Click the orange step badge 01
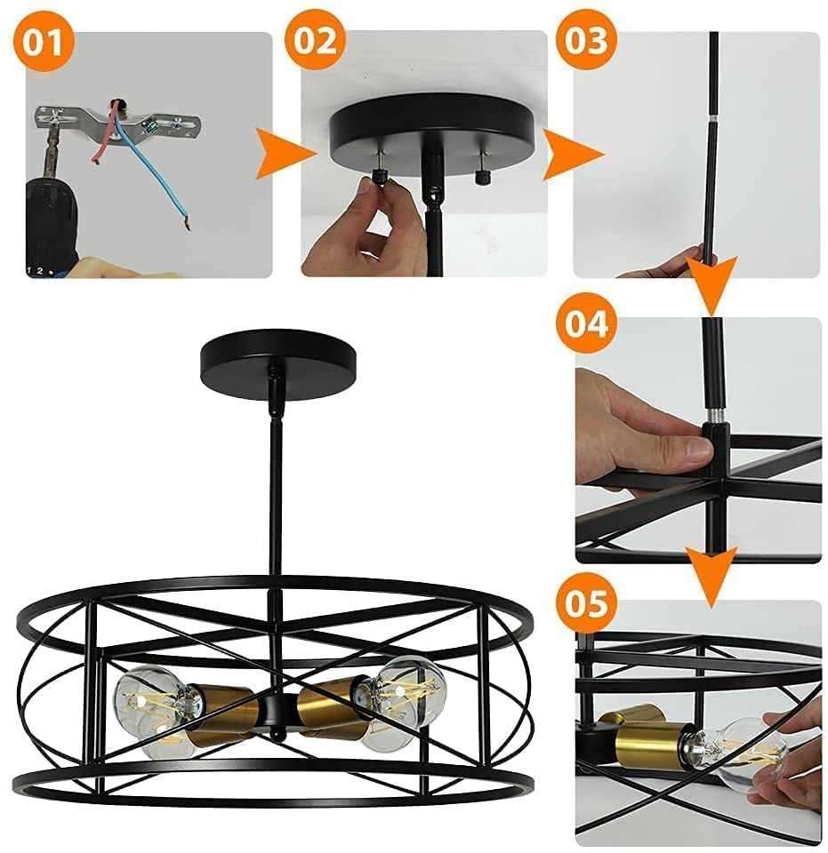42,43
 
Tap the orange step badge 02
314,42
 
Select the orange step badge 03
586,42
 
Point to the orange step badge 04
586,323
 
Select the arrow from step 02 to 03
574,155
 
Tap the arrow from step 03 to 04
711,286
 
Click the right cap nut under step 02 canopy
480,177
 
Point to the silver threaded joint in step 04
713,418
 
